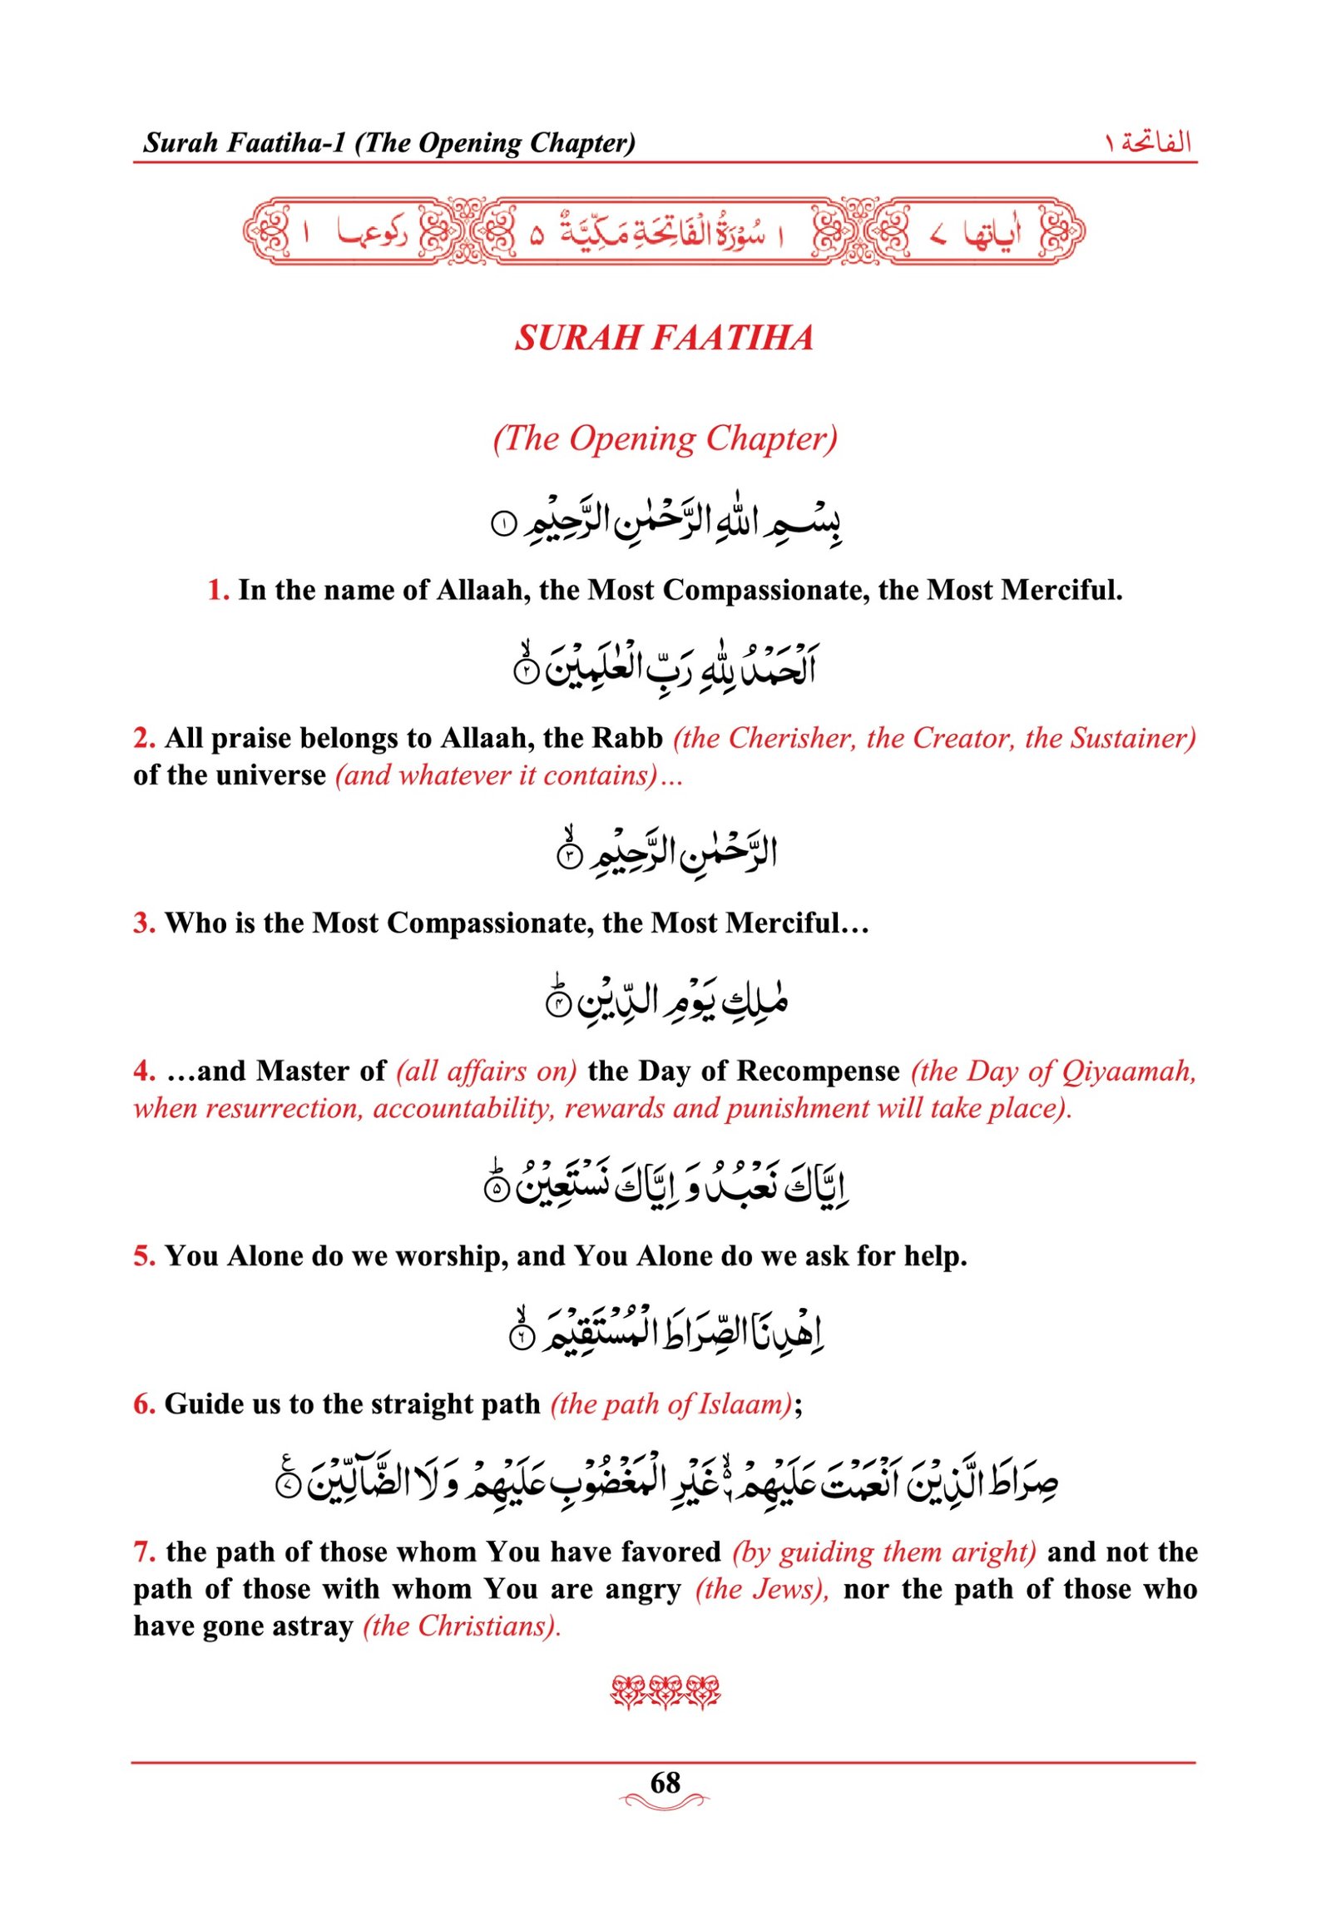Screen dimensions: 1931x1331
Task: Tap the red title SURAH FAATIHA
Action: [x=664, y=338]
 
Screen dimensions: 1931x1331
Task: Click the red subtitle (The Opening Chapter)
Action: [x=665, y=438]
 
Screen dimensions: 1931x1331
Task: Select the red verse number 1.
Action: [x=218, y=591]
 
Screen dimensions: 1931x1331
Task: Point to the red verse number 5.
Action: [x=143, y=1255]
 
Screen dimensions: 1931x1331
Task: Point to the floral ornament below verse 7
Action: [x=665, y=1693]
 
